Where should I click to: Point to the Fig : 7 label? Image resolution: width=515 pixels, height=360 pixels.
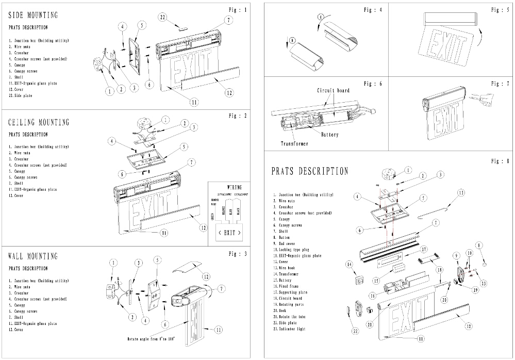[500, 83]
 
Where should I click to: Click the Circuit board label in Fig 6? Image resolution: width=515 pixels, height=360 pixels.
[333, 90]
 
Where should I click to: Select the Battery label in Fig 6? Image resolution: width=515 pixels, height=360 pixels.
[330, 135]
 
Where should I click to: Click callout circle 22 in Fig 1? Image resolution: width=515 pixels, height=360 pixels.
[162, 18]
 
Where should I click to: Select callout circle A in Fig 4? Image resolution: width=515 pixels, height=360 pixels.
[320, 17]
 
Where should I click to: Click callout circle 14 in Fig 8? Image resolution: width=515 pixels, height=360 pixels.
[348, 265]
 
